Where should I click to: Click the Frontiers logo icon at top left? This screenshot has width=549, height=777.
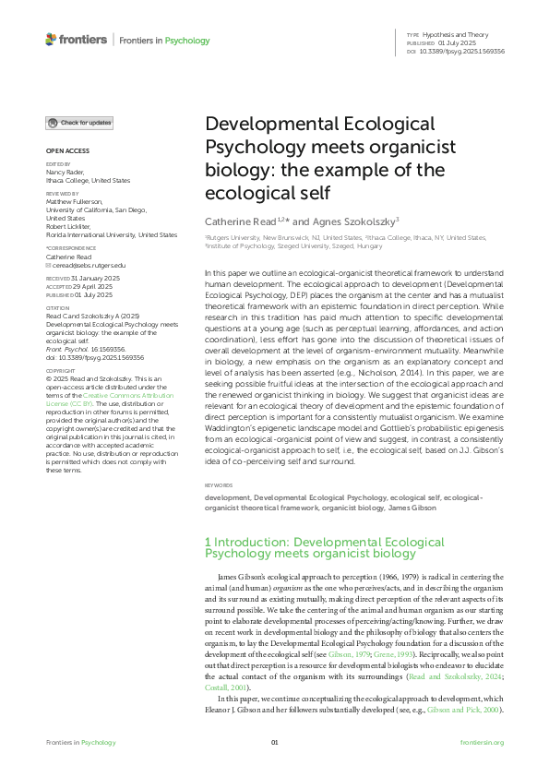[51, 40]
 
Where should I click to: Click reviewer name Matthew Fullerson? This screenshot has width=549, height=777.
[75, 200]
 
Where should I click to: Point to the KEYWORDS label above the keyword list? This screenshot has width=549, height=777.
[219, 484]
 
